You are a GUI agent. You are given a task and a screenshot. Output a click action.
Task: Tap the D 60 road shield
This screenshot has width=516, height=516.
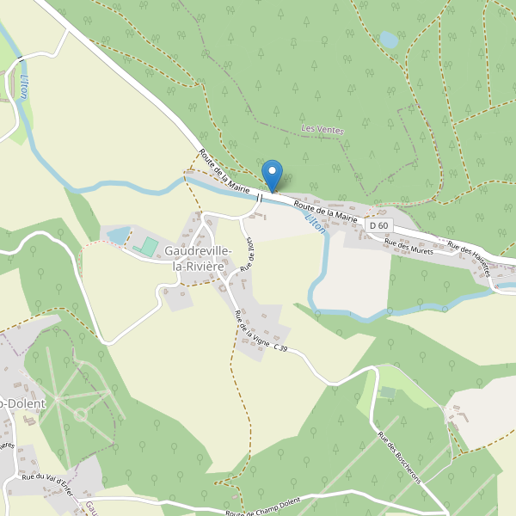(x=378, y=225)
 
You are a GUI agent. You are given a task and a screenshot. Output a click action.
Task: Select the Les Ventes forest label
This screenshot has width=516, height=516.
(x=322, y=130)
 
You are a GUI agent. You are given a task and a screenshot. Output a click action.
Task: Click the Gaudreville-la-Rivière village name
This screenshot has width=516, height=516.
(x=197, y=258)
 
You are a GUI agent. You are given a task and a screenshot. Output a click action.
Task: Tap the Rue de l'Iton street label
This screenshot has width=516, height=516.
(x=249, y=253)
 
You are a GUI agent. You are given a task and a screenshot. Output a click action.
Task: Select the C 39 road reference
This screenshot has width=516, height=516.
(x=280, y=347)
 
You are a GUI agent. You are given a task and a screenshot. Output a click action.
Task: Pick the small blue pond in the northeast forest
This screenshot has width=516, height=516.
(x=389, y=40)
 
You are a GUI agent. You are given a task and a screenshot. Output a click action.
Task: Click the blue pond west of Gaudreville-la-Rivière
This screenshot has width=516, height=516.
(x=118, y=235)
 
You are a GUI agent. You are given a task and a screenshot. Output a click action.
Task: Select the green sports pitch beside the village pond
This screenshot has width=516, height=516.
(x=149, y=248)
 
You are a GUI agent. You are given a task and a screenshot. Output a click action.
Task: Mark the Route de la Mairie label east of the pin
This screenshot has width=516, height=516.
(x=326, y=211)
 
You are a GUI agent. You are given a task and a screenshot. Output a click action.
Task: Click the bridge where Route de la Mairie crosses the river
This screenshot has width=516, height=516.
(x=261, y=197)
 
